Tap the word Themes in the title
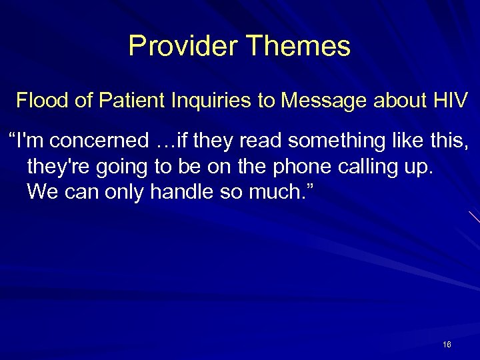click(x=298, y=46)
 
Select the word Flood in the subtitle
click(x=39, y=101)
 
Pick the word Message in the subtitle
click(x=321, y=101)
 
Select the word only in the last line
click(x=125, y=192)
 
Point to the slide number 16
click(x=447, y=345)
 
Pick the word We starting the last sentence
click(x=41, y=192)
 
